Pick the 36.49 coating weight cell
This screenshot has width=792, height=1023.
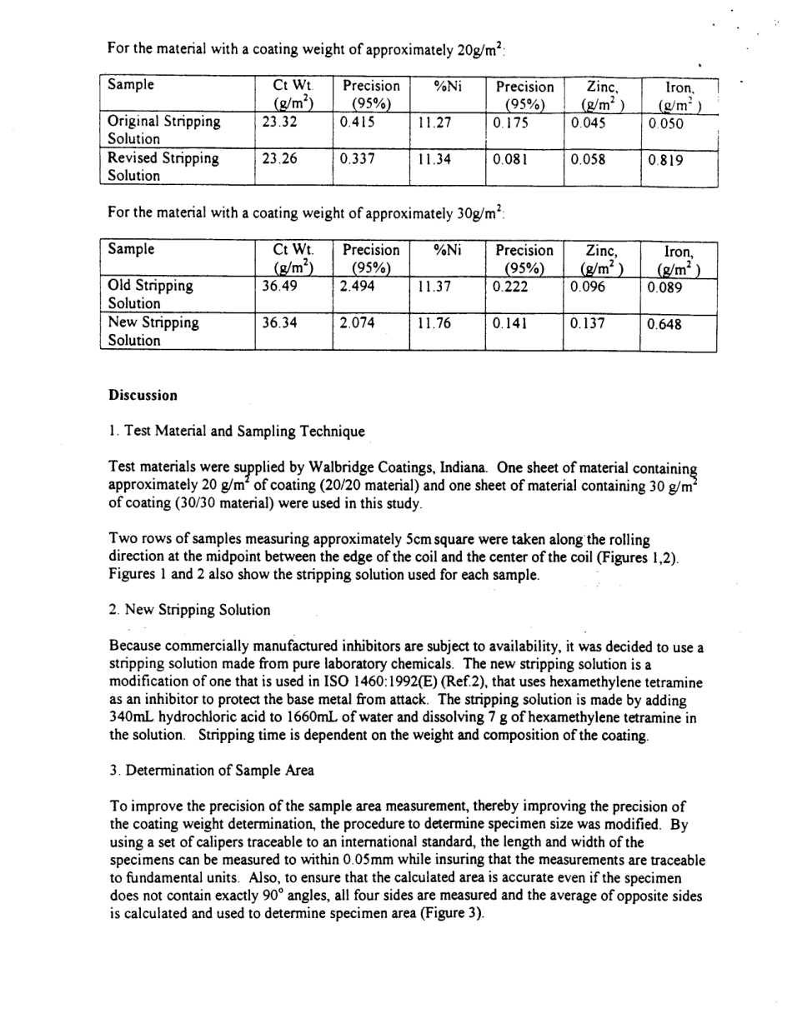(x=278, y=286)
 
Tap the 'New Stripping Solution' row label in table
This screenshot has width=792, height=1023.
(x=153, y=332)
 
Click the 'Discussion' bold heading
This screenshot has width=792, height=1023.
(x=143, y=395)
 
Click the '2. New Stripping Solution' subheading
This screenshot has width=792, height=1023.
(x=189, y=610)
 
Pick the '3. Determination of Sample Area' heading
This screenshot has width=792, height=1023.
(x=212, y=771)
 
